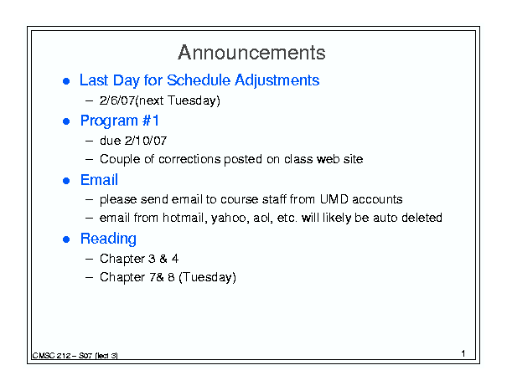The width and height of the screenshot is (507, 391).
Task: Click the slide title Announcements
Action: (251, 53)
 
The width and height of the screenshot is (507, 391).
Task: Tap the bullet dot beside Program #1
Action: (66, 121)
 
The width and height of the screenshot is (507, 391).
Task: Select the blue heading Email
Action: (99, 180)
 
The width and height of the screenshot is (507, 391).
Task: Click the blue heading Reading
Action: (108, 239)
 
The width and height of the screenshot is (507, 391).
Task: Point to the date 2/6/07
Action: (117, 100)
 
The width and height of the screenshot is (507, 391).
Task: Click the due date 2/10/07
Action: (146, 141)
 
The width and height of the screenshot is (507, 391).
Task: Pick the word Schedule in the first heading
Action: (199, 80)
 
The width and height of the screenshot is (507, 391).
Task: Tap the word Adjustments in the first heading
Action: (277, 80)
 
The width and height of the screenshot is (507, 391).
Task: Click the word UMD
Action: (334, 199)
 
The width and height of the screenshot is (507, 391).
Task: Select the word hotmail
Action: (185, 219)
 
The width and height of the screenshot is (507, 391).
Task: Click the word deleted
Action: (422, 218)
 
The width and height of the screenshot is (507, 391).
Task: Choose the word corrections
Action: (189, 159)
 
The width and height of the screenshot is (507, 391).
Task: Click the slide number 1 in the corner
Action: (463, 353)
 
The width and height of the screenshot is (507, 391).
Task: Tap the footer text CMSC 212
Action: (52, 356)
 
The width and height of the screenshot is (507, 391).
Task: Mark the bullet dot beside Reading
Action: (66, 239)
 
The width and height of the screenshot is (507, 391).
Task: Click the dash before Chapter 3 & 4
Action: (89, 259)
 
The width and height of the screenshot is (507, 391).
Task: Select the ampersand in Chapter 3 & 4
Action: (163, 259)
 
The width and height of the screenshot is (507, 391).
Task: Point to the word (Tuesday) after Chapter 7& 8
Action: (207, 278)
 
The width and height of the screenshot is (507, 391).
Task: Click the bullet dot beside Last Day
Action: (66, 81)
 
